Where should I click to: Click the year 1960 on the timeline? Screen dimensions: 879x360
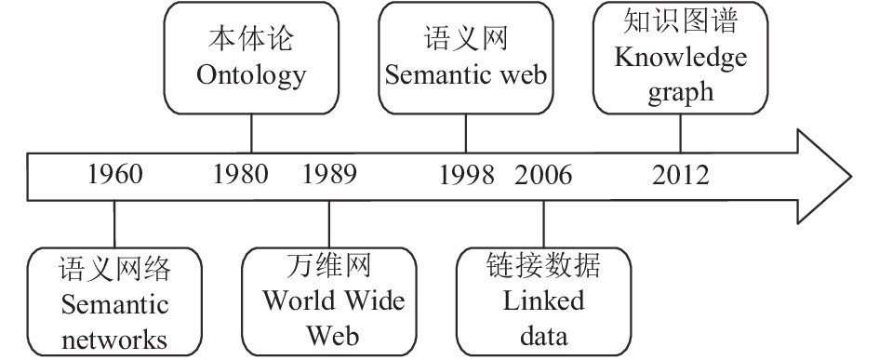[115, 174]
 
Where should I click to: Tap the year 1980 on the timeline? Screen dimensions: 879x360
[241, 174]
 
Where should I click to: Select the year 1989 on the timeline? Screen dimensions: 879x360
[329, 174]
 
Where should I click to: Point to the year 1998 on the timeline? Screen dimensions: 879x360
[466, 176]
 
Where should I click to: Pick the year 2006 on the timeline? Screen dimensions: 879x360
[544, 176]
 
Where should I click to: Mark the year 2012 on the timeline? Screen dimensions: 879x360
[681, 176]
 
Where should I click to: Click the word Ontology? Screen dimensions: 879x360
[251, 75]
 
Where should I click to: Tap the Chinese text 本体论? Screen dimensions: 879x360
[251, 40]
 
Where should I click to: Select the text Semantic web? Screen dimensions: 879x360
[466, 75]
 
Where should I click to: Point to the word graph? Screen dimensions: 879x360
[681, 91]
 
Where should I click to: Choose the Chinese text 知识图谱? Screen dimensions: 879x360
[681, 20]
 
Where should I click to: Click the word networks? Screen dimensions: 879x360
[114, 340]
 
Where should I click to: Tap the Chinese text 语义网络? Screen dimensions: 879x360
[114, 269]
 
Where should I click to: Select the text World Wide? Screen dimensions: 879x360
[334, 301]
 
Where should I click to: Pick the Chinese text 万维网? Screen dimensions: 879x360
[329, 265]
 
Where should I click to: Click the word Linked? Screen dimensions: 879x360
[543, 301]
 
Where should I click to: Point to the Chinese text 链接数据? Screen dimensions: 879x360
[543, 265]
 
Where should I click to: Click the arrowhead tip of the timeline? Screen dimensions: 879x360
[851, 177]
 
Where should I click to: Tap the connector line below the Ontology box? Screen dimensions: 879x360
[251, 133]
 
